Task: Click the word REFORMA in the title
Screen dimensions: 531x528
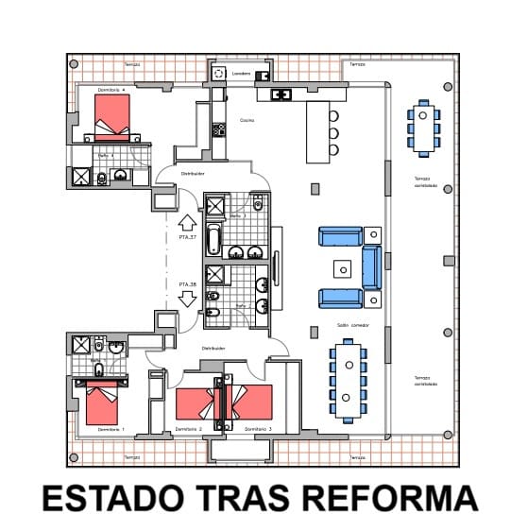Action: point(396,498)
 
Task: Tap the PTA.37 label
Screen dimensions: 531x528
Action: point(187,237)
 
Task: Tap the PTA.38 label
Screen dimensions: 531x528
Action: point(187,283)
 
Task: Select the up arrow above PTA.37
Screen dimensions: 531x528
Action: point(187,222)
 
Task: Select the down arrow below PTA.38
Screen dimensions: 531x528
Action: point(187,299)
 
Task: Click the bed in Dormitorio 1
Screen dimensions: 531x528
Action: point(101,403)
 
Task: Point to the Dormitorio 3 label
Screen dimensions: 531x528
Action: point(258,430)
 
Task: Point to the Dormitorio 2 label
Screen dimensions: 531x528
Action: point(189,430)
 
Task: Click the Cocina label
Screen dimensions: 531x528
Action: point(247,120)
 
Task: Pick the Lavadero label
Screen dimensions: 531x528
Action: point(241,72)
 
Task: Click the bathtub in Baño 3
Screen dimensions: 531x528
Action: point(213,239)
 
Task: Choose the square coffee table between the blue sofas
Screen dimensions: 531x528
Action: point(342,265)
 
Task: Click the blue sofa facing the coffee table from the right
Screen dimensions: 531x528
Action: point(371,266)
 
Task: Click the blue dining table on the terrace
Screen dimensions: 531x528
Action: point(423,128)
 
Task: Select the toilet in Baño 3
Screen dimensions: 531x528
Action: point(258,203)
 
